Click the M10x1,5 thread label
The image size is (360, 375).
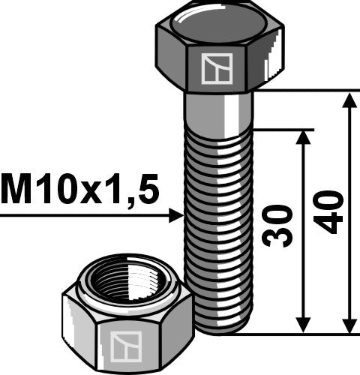coord(80,190)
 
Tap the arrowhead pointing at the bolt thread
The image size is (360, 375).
coord(176,216)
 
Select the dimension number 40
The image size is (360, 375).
coord(330,211)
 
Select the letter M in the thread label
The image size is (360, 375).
coord(16,190)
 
